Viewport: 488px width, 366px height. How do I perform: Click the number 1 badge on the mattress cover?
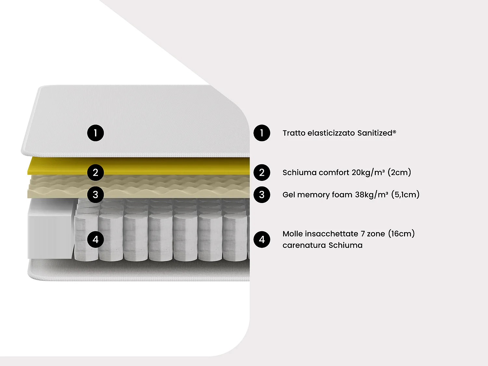coord(95,133)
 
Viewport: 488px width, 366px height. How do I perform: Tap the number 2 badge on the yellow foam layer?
coord(95,172)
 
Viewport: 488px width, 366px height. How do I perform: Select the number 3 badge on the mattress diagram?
coord(95,195)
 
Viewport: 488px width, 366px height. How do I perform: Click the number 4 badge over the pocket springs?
coord(95,239)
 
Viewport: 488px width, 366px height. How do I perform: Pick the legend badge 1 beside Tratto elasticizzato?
coord(262,133)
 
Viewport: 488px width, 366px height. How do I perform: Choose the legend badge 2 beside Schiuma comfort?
coord(262,172)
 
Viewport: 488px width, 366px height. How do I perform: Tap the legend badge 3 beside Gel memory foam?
coord(262,195)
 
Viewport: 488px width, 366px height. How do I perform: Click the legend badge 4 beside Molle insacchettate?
coord(262,239)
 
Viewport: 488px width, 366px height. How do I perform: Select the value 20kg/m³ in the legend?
coord(368,172)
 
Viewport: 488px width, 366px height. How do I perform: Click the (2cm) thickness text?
coord(399,172)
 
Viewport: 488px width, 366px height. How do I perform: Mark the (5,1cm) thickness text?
coord(405,195)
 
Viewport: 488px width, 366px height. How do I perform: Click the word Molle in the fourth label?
coord(292,234)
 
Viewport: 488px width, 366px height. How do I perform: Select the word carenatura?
coord(304,245)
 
